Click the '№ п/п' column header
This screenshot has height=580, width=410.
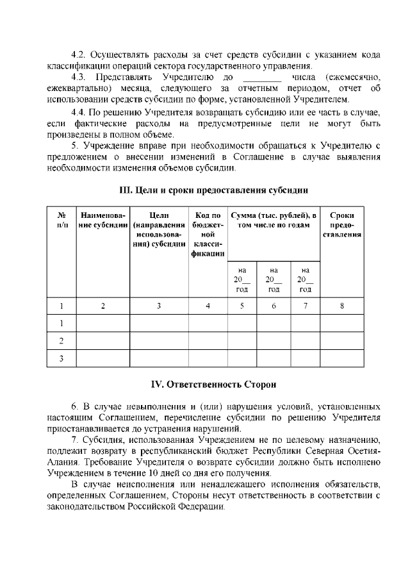pyautogui.click(x=61, y=220)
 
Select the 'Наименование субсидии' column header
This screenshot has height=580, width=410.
pyautogui.click(x=103, y=220)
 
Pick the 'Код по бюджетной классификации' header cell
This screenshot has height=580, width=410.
pyautogui.click(x=208, y=234)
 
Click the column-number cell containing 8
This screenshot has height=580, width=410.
pyautogui.click(x=341, y=306)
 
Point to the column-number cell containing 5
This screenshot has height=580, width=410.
pyautogui.click(x=242, y=306)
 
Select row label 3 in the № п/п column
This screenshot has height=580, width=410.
pyautogui.click(x=61, y=358)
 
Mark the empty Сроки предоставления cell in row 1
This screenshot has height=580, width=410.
pyautogui.click(x=341, y=323)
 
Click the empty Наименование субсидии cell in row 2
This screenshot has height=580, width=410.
pyautogui.click(x=103, y=340)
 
